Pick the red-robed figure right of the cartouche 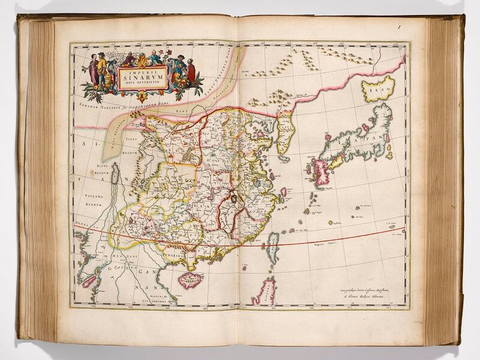pyautogui.click(x=191, y=71)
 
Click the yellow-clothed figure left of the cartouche pyautogui.click(x=102, y=69)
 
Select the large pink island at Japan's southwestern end pyautogui.click(x=319, y=171)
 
